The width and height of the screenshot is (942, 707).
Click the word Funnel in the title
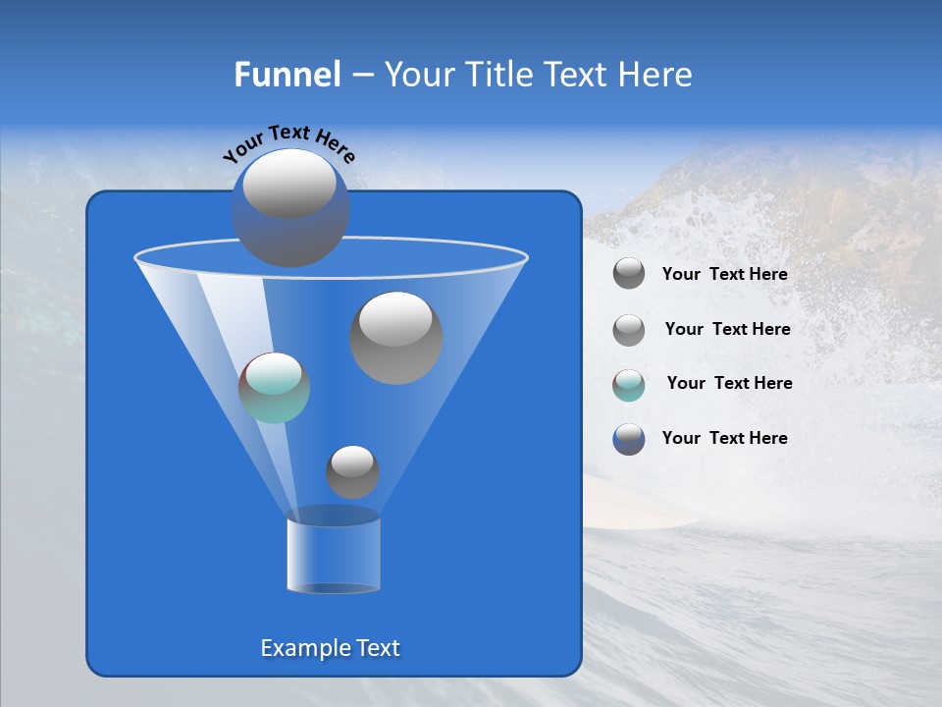click(x=287, y=75)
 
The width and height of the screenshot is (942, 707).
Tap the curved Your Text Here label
click(x=288, y=142)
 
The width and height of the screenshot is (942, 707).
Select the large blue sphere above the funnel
click(x=290, y=208)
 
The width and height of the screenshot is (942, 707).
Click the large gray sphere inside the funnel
click(x=396, y=338)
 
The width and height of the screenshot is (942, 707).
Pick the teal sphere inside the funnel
click(x=274, y=388)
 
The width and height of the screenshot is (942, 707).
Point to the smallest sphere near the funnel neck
click(x=352, y=471)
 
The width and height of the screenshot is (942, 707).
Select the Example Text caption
click(x=330, y=648)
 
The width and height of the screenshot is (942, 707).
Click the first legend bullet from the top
click(x=629, y=274)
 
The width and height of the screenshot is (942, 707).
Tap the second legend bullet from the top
click(x=629, y=330)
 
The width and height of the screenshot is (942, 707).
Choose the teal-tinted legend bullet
click(x=629, y=384)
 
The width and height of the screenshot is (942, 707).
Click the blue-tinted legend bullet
click(x=629, y=439)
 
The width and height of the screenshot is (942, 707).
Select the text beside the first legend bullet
click(x=724, y=275)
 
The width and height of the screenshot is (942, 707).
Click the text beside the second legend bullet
click(x=727, y=330)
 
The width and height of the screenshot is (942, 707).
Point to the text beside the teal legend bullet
click(x=729, y=384)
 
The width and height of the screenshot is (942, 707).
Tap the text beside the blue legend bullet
click(x=724, y=438)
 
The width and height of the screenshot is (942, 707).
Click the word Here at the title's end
click(x=658, y=75)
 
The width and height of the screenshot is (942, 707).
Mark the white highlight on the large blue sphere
click(x=289, y=184)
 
